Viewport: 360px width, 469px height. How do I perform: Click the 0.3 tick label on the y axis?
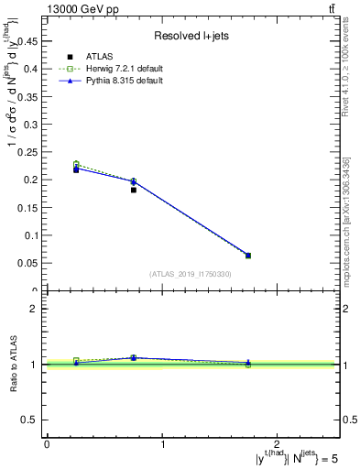coord(34,124)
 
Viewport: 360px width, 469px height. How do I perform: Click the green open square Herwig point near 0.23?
coord(76,164)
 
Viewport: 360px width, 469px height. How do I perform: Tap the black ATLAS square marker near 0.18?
coord(134,190)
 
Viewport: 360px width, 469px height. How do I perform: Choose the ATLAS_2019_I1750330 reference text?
coord(191,274)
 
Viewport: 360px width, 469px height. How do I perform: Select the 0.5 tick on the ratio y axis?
coord(34,420)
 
